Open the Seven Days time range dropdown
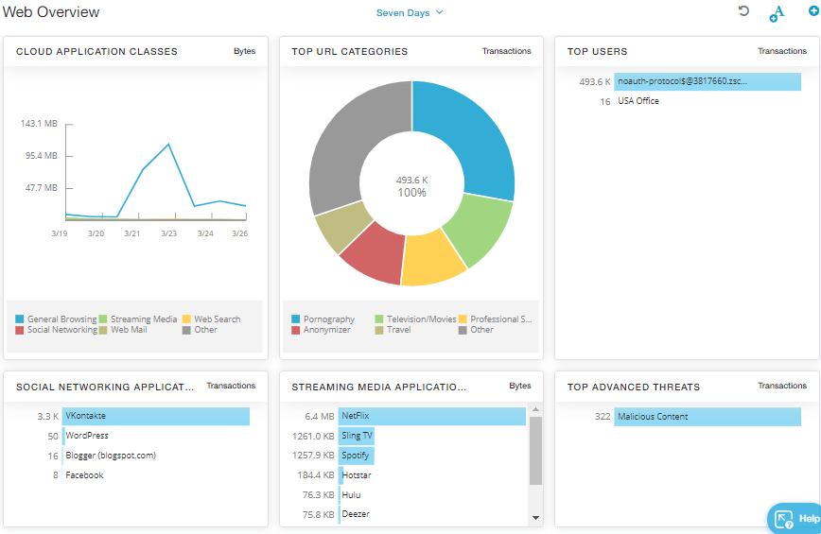pos(410,13)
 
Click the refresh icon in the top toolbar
pos(743,11)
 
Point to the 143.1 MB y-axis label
pos(39,124)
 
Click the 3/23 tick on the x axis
pos(168,233)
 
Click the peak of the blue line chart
pos(168,145)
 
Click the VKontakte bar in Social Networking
pos(156,416)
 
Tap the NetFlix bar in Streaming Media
pos(431,416)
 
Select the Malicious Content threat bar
pos(707,417)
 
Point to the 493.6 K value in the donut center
pos(411,180)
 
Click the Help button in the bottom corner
pos(795,518)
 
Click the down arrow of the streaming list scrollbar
pos(535,518)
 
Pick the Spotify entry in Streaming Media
pos(356,456)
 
